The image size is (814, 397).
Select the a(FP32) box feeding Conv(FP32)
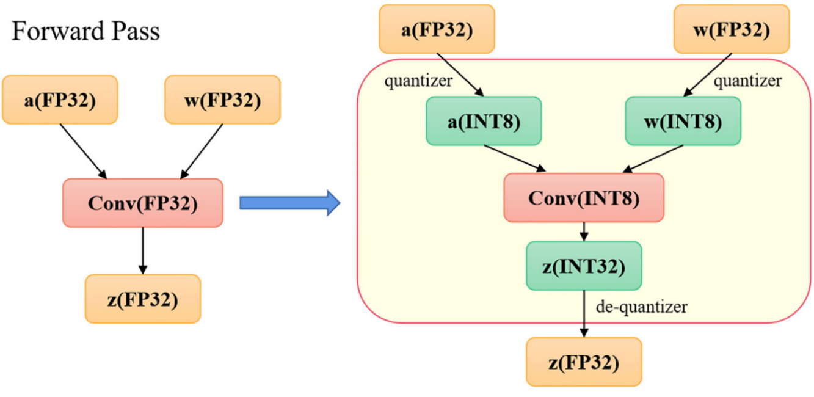[60, 100]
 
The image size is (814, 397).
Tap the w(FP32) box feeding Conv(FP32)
[222, 100]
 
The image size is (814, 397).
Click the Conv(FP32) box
[142, 203]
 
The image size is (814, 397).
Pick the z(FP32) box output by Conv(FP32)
[142, 299]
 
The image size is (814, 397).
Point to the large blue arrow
[289, 203]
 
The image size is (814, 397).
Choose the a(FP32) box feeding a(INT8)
[437, 29]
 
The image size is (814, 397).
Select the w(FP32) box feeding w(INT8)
[732, 29]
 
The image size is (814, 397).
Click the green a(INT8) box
[484, 121]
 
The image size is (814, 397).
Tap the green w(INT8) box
[683, 121]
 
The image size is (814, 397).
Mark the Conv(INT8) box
[583, 198]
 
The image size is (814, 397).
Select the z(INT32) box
[583, 266]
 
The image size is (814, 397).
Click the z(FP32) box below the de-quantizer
[583, 362]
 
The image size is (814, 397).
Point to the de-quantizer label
[641, 306]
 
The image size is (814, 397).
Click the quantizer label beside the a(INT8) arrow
[418, 81]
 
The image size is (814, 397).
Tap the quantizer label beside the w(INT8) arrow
[747, 81]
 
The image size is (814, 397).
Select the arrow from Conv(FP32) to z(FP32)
[142, 250]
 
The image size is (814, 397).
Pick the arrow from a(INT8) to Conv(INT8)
[515, 158]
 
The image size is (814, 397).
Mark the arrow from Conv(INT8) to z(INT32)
[584, 231]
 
